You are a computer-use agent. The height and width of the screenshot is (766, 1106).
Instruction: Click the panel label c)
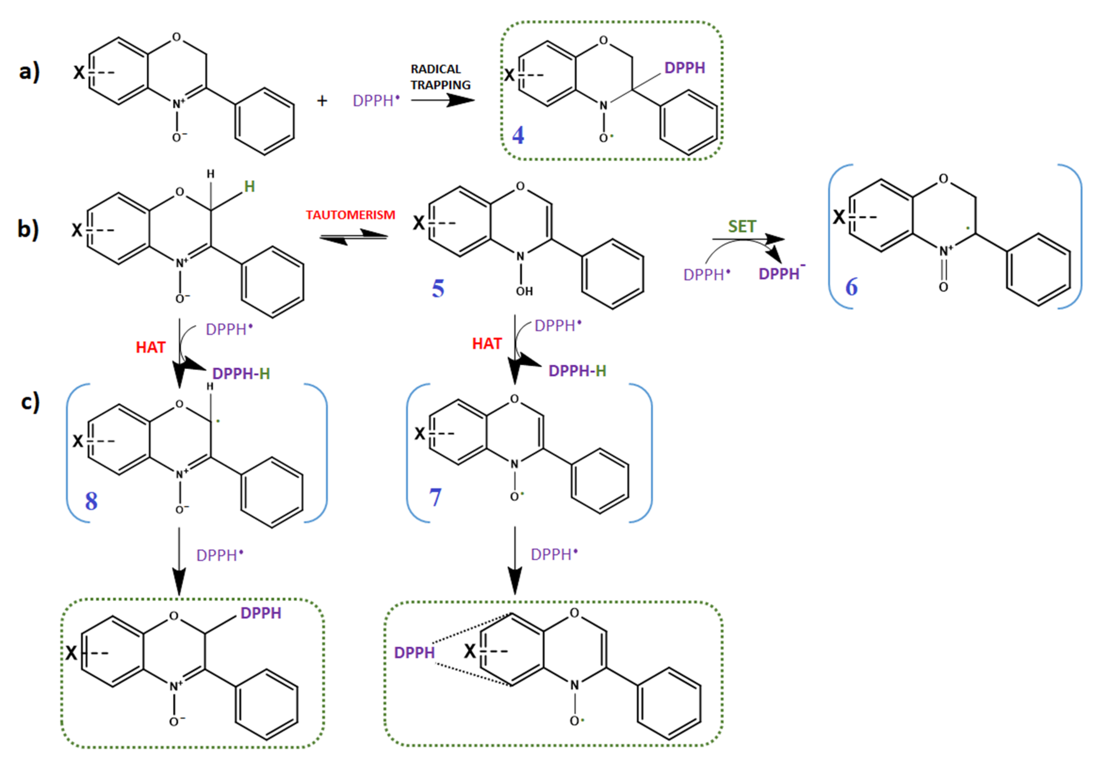(x=30, y=402)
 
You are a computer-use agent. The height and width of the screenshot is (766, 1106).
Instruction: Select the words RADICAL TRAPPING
(x=440, y=77)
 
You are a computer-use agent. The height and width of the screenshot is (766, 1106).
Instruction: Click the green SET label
(x=742, y=226)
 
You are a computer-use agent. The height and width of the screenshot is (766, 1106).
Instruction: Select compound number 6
(x=851, y=286)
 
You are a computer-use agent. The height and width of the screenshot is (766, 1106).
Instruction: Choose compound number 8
(x=91, y=501)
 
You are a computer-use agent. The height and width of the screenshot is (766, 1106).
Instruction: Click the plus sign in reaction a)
(x=322, y=101)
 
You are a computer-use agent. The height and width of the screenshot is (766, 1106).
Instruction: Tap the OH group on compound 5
(x=524, y=291)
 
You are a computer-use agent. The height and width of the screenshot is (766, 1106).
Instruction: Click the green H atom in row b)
(x=249, y=187)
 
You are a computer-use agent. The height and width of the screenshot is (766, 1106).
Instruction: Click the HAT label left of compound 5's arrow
(x=486, y=344)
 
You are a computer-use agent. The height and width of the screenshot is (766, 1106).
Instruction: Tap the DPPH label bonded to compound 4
(x=685, y=68)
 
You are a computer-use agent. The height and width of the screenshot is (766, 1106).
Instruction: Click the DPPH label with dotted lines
(x=414, y=652)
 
